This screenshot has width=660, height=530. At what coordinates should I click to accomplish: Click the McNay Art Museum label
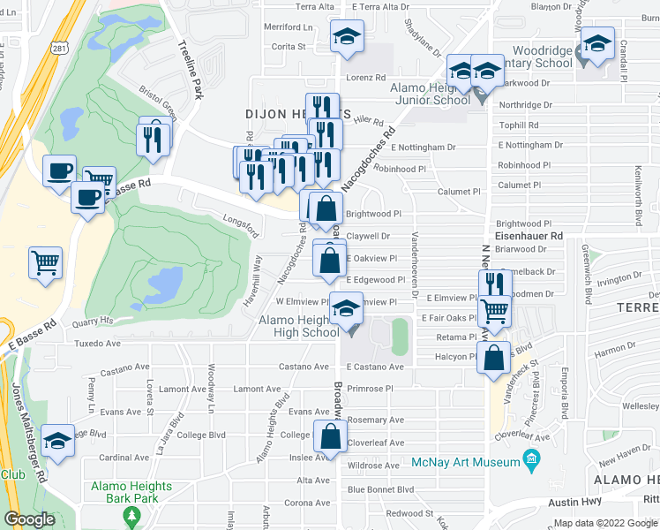(x=465, y=462)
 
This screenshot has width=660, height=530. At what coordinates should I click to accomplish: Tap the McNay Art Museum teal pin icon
(x=531, y=460)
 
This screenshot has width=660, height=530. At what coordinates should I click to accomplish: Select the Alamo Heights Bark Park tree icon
(x=133, y=514)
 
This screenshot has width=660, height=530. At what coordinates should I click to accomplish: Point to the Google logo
(x=29, y=519)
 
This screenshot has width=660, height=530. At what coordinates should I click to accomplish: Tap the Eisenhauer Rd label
(x=529, y=237)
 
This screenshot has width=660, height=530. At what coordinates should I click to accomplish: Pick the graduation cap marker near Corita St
(x=347, y=38)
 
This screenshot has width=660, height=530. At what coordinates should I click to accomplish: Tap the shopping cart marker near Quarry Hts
(x=46, y=261)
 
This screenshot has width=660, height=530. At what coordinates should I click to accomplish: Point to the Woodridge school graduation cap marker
(x=597, y=43)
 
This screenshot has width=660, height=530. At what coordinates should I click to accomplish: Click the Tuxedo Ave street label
(x=96, y=343)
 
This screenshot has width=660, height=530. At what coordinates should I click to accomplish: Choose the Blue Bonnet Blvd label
(x=380, y=488)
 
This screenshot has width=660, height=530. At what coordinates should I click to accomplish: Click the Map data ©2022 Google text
(x=604, y=523)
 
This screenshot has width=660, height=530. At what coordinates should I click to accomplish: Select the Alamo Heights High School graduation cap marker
(x=346, y=309)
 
